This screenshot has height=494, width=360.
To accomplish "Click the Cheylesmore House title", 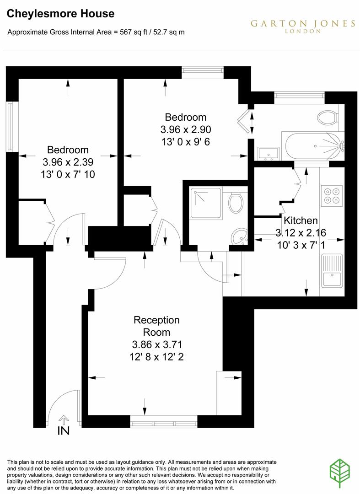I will coord(60,14).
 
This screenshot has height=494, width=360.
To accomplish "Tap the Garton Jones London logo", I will coord(302,26).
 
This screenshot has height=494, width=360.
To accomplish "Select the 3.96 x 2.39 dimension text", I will coord(68,162).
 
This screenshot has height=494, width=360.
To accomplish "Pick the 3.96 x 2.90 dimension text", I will coord(185,129).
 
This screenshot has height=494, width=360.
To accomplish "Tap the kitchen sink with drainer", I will coord(332,270).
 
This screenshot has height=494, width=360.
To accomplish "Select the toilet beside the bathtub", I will coord(327,117).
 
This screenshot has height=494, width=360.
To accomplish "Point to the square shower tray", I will coord(206,203).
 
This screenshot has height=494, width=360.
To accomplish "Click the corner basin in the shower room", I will coord(239,236).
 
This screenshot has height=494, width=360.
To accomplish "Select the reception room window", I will coord(163,420).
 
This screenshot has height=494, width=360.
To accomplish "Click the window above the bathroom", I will coord(299,95).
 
